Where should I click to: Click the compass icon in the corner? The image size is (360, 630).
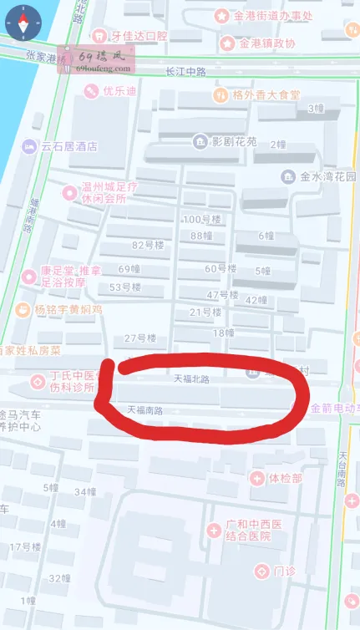[22, 24]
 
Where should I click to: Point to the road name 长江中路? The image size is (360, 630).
[185, 72]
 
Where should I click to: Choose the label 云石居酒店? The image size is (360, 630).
[68, 145]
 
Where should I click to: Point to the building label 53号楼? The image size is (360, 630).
[126, 287]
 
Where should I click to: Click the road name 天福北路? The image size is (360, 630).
[190, 379]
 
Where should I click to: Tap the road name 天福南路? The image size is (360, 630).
[144, 410]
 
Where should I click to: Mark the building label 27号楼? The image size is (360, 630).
[140, 338]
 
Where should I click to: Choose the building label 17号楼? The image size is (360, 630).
[25, 547]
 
